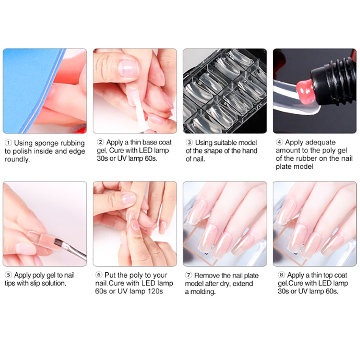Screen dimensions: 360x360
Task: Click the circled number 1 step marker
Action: [8, 143]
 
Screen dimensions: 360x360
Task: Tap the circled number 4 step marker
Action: [279, 142]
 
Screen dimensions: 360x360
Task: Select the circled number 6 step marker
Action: [99, 275]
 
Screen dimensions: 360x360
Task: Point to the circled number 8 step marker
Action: [281, 275]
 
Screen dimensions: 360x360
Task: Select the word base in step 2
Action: [144, 142]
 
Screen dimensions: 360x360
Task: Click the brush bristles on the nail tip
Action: [58, 242]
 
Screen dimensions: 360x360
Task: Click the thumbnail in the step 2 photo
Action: [128, 68]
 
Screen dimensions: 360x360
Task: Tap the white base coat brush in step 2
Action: [138, 108]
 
